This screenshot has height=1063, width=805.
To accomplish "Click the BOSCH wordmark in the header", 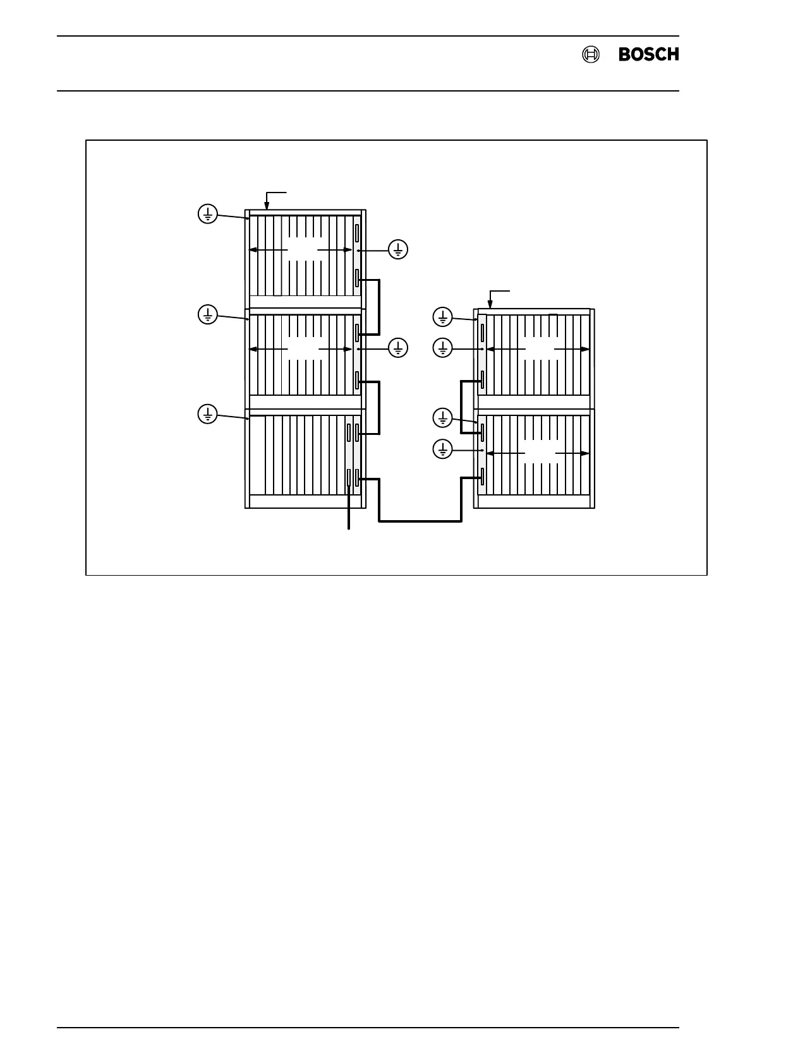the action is pos(648,55).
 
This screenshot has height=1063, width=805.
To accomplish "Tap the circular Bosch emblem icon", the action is pos(590,55).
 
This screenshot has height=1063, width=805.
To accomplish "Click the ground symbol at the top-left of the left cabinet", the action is pos(208,214).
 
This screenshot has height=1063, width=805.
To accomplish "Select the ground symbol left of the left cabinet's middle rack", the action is pos(208,314).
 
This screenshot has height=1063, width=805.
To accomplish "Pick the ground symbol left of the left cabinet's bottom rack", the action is pos(208,414).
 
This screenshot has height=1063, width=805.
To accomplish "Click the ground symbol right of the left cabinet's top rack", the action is pos(398,250).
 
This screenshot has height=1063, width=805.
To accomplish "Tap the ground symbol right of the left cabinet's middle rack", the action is pos(398,348).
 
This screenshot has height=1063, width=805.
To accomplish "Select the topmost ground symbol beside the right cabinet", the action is pos(443,317).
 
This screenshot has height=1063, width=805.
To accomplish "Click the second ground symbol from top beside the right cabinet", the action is pos(443,347).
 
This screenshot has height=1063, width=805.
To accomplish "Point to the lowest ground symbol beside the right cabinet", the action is pos(443,449).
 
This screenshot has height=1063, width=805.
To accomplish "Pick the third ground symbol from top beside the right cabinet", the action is pos(443,417).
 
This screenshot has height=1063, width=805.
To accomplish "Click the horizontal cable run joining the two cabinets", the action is pos(420,521).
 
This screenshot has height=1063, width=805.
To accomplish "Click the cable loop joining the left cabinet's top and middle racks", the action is pos(378,307).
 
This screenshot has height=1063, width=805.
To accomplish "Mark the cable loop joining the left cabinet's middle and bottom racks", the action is pos(378,407).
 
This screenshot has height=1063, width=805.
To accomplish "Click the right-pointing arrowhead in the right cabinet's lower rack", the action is pos(586,453).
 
